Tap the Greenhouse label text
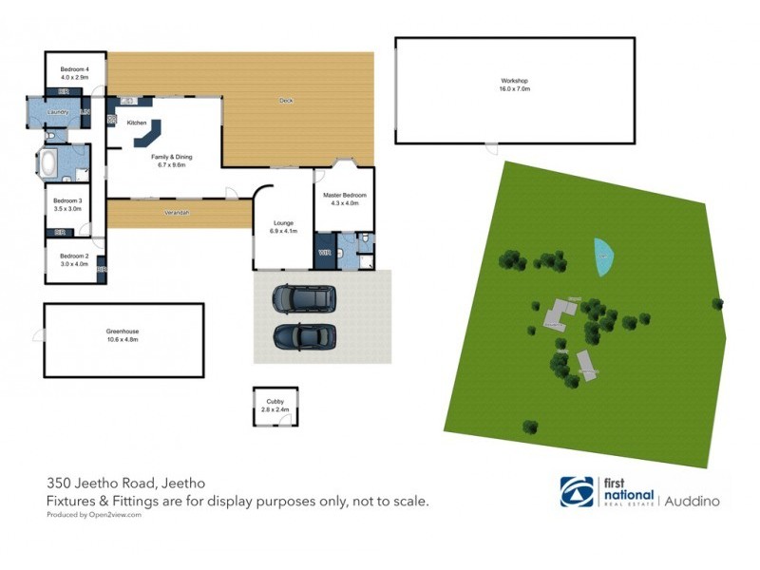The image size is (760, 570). point(123,332)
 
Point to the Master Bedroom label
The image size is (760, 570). point(344,195)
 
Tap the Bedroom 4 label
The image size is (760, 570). point(74,69)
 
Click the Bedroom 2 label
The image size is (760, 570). point(73,256)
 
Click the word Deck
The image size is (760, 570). point(285,100)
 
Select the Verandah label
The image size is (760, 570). point(179,212)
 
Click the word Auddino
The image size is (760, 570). point(692,499)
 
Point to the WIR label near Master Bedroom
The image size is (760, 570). point(324,253)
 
